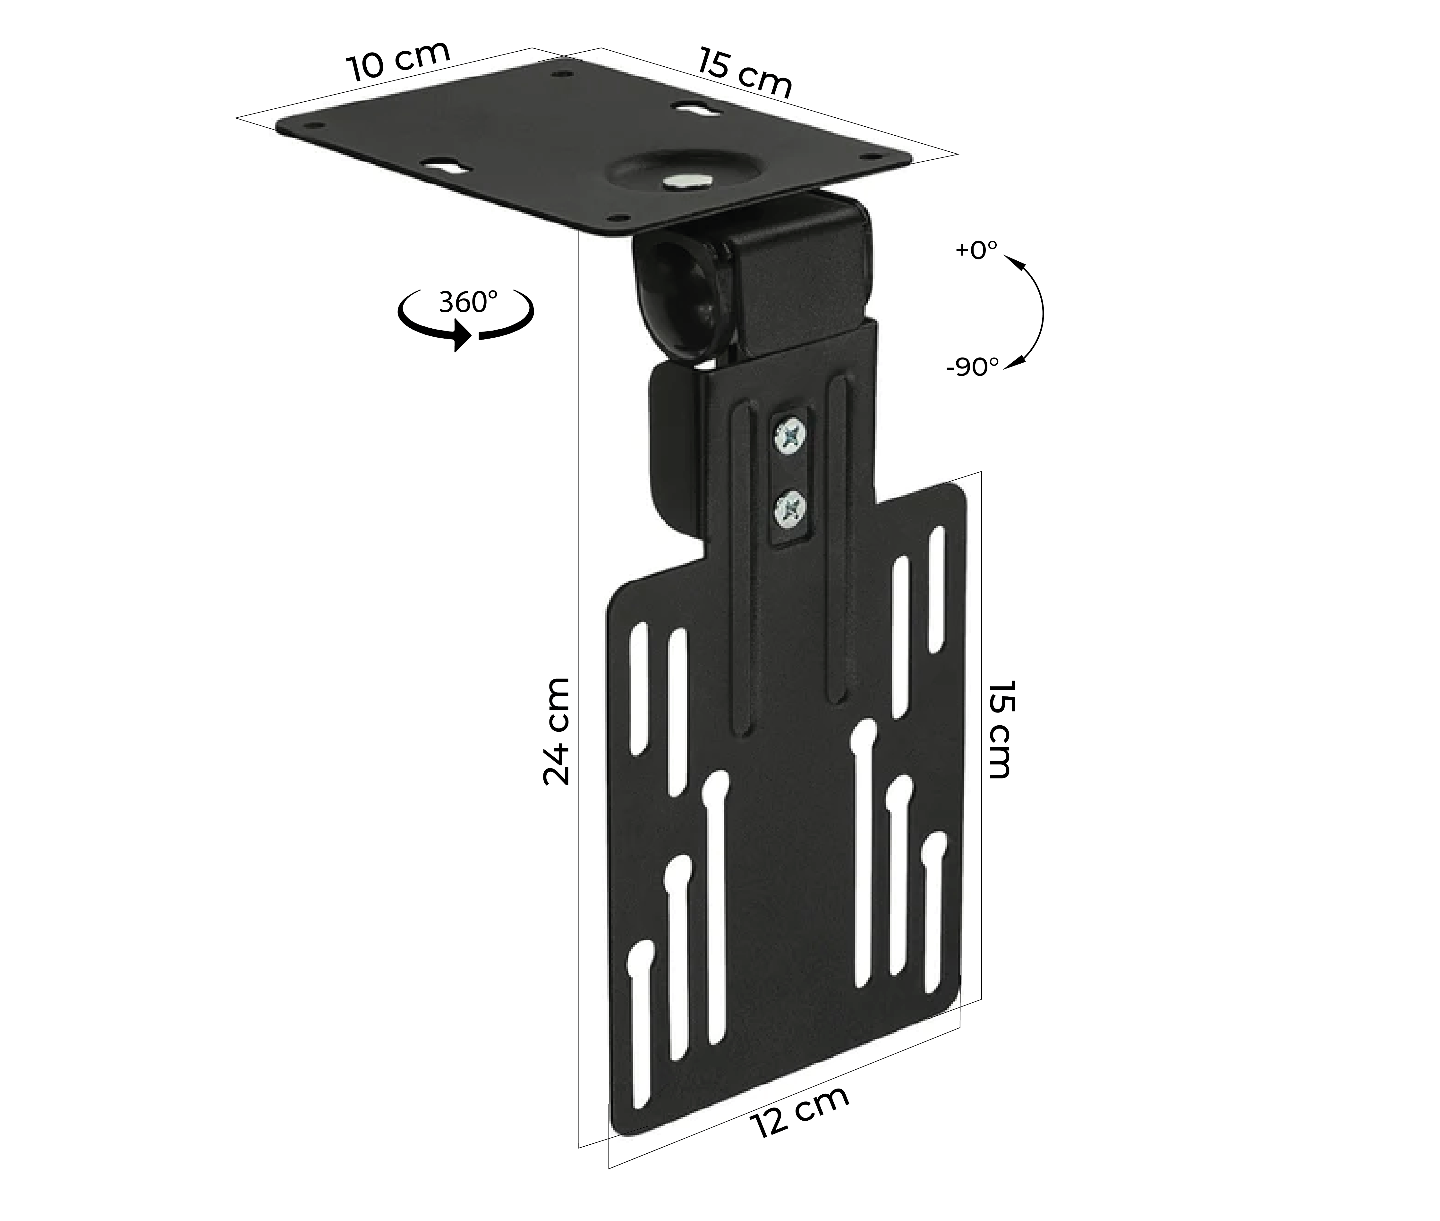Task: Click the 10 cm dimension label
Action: pyautogui.click(x=398, y=62)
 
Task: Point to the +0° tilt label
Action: pyautogui.click(x=976, y=250)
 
